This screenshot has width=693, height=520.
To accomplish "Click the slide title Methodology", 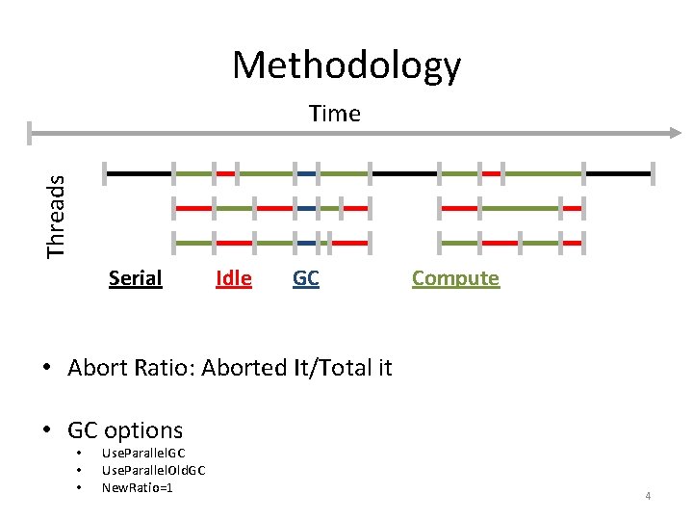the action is click(346, 65).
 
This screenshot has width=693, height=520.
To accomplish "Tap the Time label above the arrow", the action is click(334, 114).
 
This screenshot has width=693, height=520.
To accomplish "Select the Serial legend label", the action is click(135, 278).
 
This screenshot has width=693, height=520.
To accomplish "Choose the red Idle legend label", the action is click(234, 278).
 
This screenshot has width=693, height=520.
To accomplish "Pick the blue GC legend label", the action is click(305, 278).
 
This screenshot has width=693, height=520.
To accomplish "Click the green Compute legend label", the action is click(455, 278).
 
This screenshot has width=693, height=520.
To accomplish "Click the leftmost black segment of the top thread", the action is click(139, 173).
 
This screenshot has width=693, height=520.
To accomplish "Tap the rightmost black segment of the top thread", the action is click(618, 173).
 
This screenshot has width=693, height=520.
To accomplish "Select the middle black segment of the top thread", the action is click(404, 173).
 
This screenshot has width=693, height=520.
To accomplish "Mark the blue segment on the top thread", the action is click(306, 173).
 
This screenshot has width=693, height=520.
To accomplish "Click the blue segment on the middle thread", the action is click(306, 208).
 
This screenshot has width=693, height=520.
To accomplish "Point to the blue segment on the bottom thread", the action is click(306, 243).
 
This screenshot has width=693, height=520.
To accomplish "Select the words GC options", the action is click(125, 429).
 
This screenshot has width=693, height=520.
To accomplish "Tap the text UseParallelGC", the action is click(143, 453).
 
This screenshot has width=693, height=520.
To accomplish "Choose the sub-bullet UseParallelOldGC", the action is click(153, 470).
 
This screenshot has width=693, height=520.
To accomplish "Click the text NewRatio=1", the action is click(138, 487).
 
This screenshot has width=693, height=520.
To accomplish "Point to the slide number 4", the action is click(648, 496).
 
